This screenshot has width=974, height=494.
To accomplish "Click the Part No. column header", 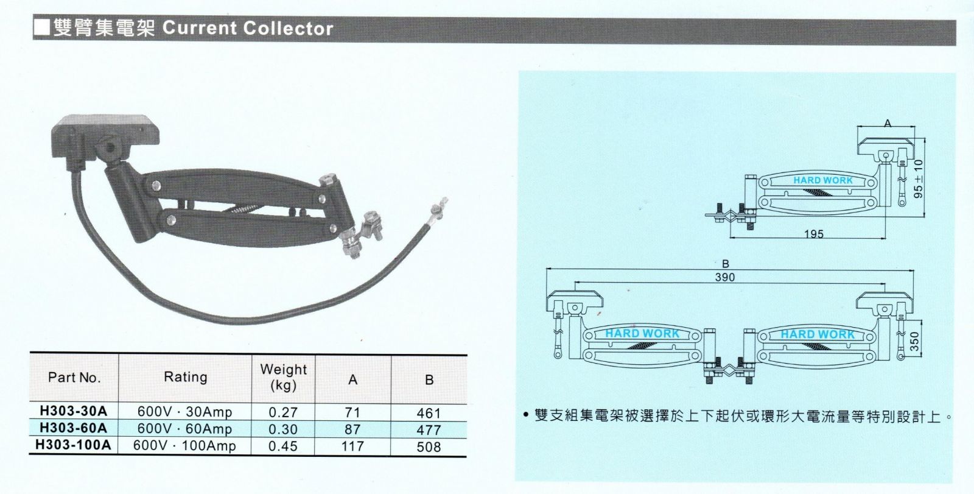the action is tap(74, 378).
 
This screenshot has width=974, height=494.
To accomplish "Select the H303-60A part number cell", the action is tap(73, 428).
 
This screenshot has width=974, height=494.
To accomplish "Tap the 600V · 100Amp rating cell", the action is tap(185, 446).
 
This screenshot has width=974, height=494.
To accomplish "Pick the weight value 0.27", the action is tap(283, 412).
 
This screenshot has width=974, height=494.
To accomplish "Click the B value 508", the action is tap(429, 447).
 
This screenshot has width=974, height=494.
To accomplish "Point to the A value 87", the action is tap(352, 429).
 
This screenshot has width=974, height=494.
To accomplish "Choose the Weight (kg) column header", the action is tap(284, 378).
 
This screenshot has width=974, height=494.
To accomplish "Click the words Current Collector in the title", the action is tap(248, 28).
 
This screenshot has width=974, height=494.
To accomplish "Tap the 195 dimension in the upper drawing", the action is tap(813, 234).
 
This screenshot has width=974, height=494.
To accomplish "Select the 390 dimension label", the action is tap(725, 277).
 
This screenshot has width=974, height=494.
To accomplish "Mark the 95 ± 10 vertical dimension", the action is tap(919, 178).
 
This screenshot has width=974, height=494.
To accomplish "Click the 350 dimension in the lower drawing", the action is tap(915, 342).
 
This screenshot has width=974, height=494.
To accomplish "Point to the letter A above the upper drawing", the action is tap(888, 124).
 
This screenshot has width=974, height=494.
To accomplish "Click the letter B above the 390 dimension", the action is tap(725, 264).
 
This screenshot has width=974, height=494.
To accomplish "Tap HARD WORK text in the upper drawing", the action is tap(823, 180).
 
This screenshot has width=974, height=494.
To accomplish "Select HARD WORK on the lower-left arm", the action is tap(642, 333).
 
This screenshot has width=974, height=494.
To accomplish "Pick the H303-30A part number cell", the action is tap(73, 411).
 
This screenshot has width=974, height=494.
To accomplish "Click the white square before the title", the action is tap(42, 27).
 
